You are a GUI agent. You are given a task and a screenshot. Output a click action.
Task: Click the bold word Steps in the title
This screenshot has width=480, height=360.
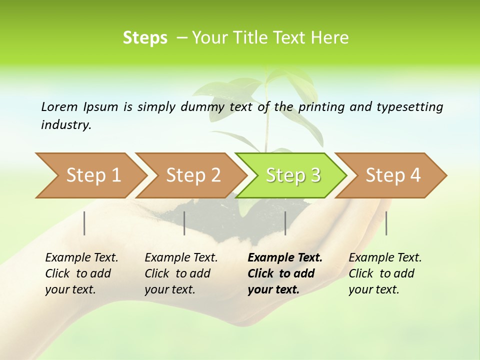tap(145, 38)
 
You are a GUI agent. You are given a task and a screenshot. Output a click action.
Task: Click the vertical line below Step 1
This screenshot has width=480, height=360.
tap(84, 223)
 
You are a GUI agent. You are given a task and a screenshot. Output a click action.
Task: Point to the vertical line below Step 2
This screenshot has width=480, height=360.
tap(184, 223)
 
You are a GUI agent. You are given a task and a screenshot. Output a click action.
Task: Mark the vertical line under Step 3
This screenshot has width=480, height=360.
tap(285, 223)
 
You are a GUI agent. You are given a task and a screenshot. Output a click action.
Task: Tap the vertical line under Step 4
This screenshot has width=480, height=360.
tap(386, 223)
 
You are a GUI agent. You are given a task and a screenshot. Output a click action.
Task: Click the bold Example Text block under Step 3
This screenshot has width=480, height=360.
tap(285, 273)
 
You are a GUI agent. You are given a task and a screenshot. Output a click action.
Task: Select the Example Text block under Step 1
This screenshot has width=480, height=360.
tap(81, 273)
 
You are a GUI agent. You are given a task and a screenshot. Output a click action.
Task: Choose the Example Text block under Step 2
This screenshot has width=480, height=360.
tap(181, 273)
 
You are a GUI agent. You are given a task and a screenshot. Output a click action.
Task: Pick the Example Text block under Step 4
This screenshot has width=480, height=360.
tap(385, 273)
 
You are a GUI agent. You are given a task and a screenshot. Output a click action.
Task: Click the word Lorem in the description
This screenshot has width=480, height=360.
tap(59, 106)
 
